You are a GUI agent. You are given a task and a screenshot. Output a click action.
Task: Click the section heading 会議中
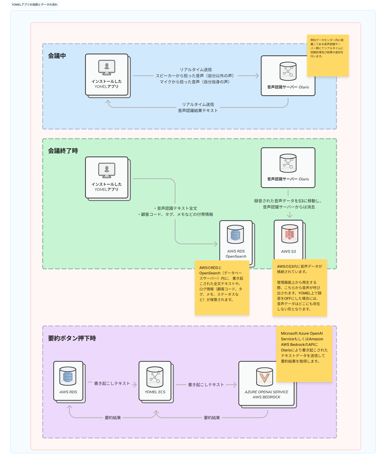coord(57,56)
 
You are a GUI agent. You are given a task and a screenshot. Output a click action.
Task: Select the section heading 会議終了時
coord(63,151)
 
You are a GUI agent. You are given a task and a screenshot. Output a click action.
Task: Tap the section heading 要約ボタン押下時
coord(72,338)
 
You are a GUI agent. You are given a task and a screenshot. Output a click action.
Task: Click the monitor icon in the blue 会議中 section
coord(107,68)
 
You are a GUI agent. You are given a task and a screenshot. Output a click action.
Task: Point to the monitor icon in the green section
coord(107,170)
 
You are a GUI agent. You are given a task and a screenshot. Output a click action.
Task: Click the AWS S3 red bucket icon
coord(289,234)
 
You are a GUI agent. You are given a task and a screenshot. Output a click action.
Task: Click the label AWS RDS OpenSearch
coord(236,254)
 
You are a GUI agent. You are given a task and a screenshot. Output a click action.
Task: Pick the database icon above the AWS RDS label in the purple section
coord(68,376)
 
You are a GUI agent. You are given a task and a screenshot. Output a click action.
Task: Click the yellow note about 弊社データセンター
coord(328,55)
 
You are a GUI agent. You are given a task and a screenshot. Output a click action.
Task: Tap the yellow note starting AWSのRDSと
coord(222,288)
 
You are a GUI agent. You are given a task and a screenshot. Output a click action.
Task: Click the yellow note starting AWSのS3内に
coord(300,288)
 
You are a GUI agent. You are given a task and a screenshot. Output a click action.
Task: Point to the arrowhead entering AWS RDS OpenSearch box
coord(216,244)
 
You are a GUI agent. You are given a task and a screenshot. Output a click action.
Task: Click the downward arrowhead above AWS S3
coord(290,216)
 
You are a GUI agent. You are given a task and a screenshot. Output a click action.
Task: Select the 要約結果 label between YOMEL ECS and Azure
coord(212,418)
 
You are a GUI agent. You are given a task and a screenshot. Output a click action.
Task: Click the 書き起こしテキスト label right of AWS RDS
coord(112,383)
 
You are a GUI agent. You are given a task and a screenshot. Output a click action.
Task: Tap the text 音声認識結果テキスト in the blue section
coord(198,111)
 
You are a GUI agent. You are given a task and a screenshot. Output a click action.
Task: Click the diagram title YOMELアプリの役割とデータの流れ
coord(35,5)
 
